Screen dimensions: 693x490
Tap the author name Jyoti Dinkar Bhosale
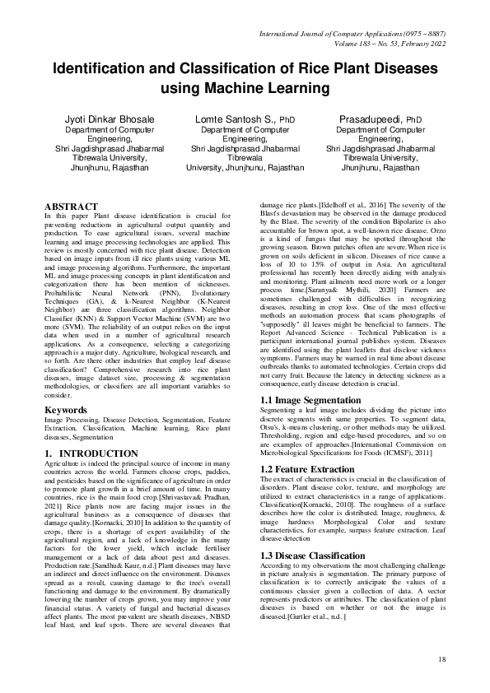(110, 120)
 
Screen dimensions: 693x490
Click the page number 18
(442, 658)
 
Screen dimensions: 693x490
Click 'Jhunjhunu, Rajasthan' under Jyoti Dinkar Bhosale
(110, 166)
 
